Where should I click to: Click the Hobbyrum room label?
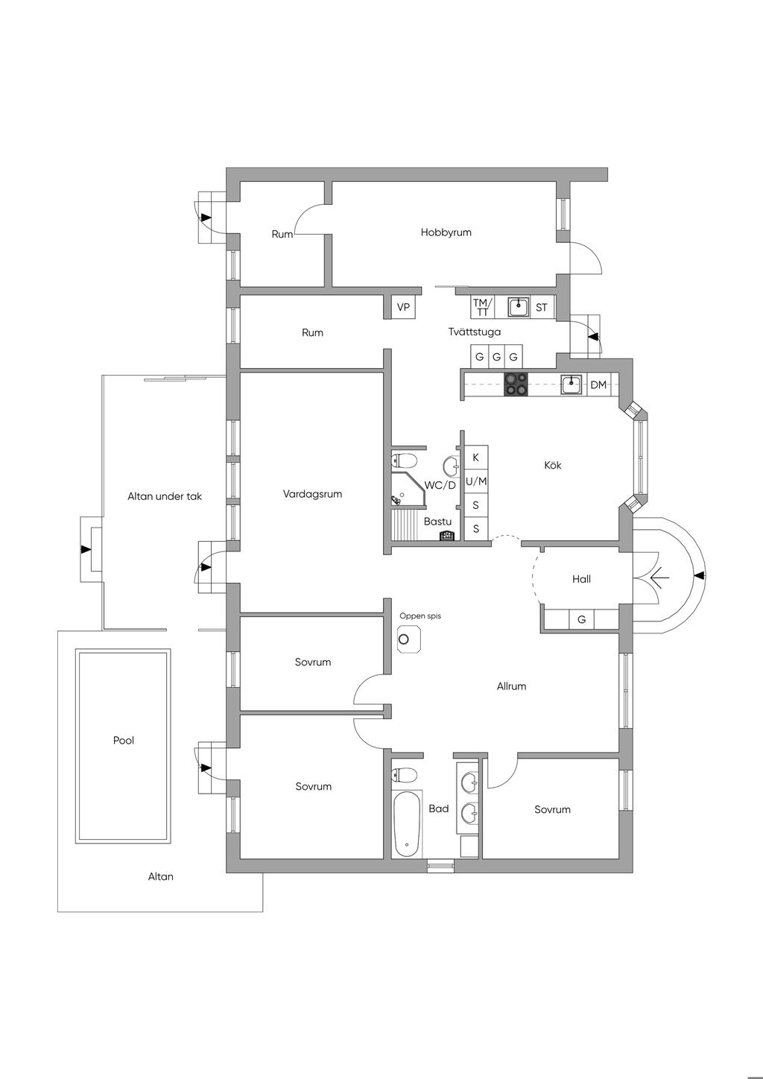click(x=446, y=232)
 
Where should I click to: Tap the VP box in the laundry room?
click(x=403, y=307)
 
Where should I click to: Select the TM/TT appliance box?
click(x=481, y=307)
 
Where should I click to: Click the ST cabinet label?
click(x=542, y=307)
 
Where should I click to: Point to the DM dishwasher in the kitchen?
click(x=598, y=385)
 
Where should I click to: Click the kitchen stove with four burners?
click(x=516, y=385)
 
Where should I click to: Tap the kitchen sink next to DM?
click(x=572, y=385)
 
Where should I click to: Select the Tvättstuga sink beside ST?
click(x=519, y=306)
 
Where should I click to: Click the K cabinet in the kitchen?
click(x=476, y=458)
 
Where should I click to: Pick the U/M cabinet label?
click(x=476, y=481)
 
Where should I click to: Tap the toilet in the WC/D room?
click(x=403, y=460)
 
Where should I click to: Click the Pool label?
click(x=124, y=741)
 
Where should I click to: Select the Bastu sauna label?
click(x=437, y=522)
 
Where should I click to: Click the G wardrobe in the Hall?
click(x=581, y=619)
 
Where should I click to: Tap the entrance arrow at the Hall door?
click(x=659, y=578)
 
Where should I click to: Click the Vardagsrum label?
click(x=312, y=494)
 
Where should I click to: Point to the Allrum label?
click(x=511, y=686)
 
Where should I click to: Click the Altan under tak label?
click(x=165, y=496)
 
